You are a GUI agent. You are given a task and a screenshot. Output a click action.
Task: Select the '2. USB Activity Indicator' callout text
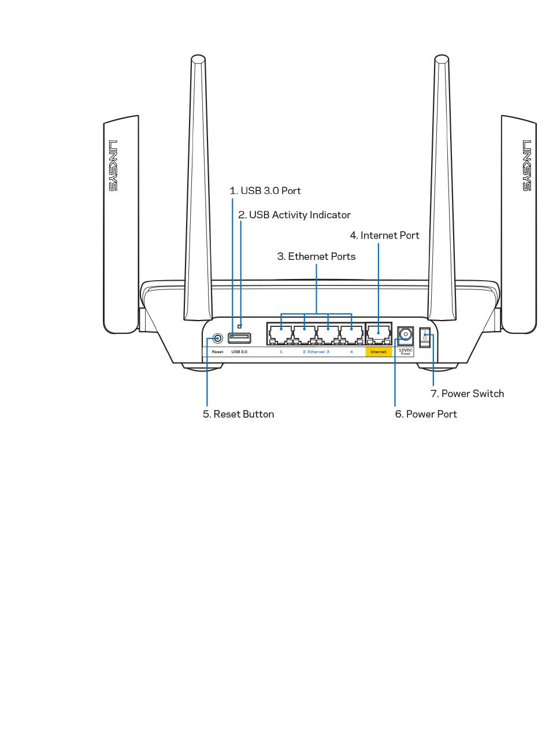coord(295,215)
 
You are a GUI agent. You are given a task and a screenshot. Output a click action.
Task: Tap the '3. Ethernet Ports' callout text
coord(316,256)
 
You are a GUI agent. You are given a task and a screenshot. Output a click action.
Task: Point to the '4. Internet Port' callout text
coord(384,235)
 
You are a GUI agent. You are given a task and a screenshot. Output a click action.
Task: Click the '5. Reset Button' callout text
coord(238,414)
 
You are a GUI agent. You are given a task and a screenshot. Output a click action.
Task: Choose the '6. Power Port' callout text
coord(426,414)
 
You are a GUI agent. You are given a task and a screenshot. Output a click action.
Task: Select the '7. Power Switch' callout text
coord(467,393)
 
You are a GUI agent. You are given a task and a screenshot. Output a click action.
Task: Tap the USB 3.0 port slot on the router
coord(239,337)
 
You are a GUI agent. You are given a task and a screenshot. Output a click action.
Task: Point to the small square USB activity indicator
coord(240,326)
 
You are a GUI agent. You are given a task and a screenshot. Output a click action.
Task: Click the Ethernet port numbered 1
coord(281,334)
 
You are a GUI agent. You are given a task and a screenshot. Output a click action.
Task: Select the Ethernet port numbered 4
coord(351,334)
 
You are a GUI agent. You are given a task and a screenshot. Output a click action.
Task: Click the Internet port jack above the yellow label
coord(378,334)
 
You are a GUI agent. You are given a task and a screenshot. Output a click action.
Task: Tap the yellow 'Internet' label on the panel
coord(379,351)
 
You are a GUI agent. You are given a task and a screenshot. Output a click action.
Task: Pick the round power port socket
coord(405,334)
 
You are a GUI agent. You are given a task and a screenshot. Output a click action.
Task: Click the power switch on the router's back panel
coord(425,337)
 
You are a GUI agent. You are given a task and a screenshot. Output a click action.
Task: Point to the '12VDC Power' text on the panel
coord(405,351)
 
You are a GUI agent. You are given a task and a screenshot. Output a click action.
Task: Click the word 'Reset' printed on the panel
coord(217,351)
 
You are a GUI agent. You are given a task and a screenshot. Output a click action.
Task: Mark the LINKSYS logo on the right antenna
coord(526,165)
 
